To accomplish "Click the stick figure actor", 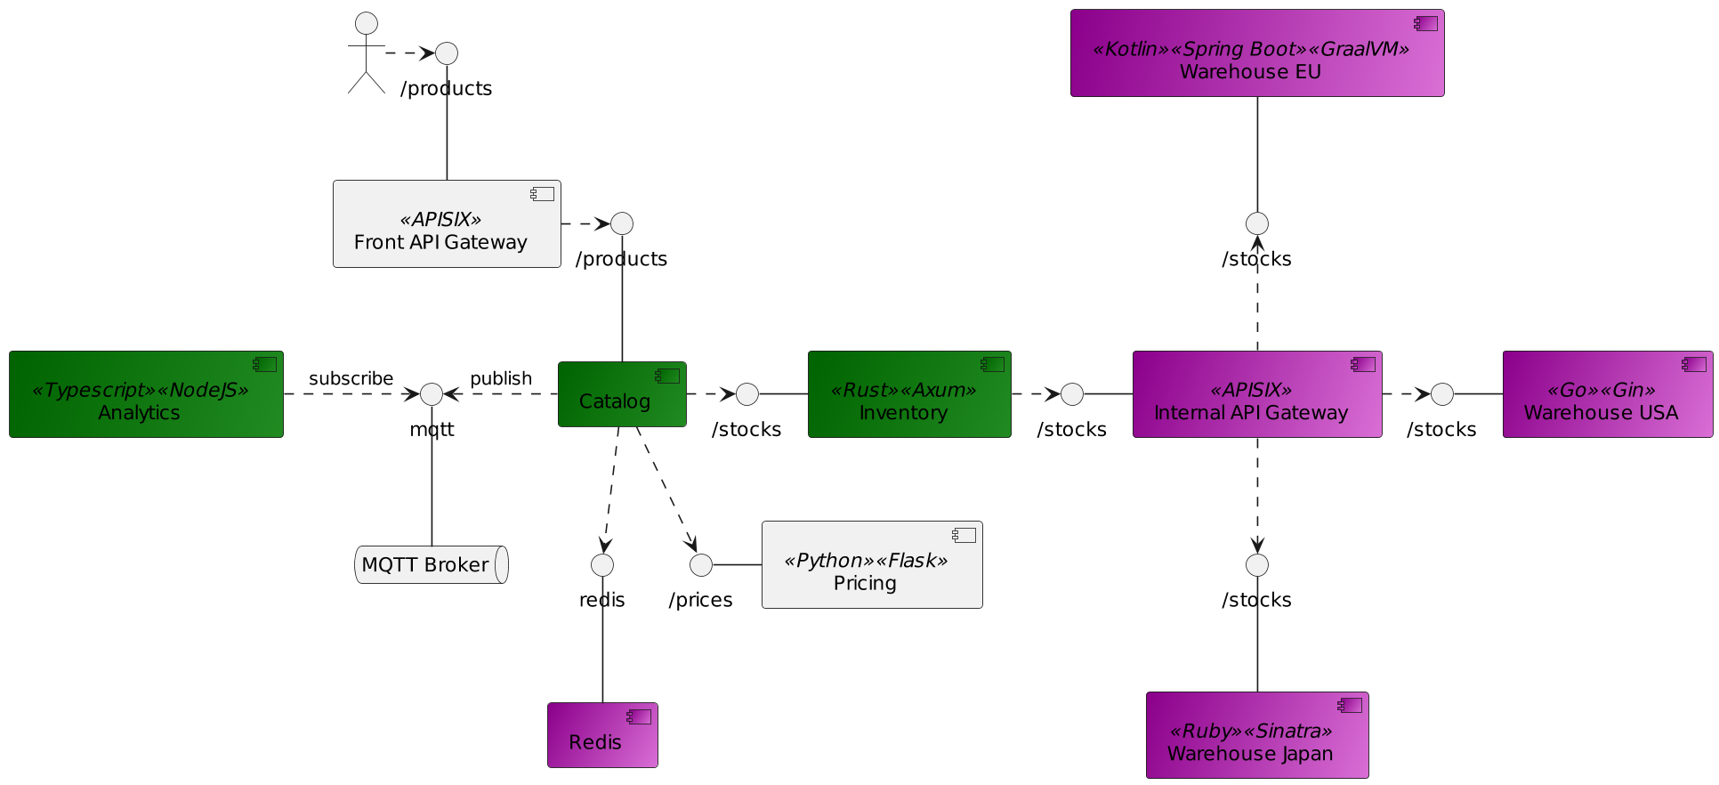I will pos(366,53).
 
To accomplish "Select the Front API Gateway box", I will pos(447,224).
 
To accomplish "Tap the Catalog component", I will pos(622,394).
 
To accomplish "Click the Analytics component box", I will pos(146,394).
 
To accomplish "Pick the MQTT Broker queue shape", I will pos(432,565).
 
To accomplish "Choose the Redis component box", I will pos(602,735).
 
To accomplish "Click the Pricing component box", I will pos(872,565).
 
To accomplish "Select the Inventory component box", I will pos(909,394).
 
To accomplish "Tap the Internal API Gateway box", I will pos(1256,394).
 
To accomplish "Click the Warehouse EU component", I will pos(1256,53).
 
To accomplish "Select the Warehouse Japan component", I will pos(1256,735).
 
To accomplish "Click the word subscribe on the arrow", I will pos(351,379).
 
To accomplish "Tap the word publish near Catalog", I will pos(501,379).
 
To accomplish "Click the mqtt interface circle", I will pos(432,394).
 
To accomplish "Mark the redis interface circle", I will pos(602,565).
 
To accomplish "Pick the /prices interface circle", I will pos(701,565).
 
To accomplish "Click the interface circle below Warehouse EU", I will pos(1256,223).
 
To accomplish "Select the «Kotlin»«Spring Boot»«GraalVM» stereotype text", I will pos(1250,49).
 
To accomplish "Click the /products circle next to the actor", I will pos(447,53).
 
